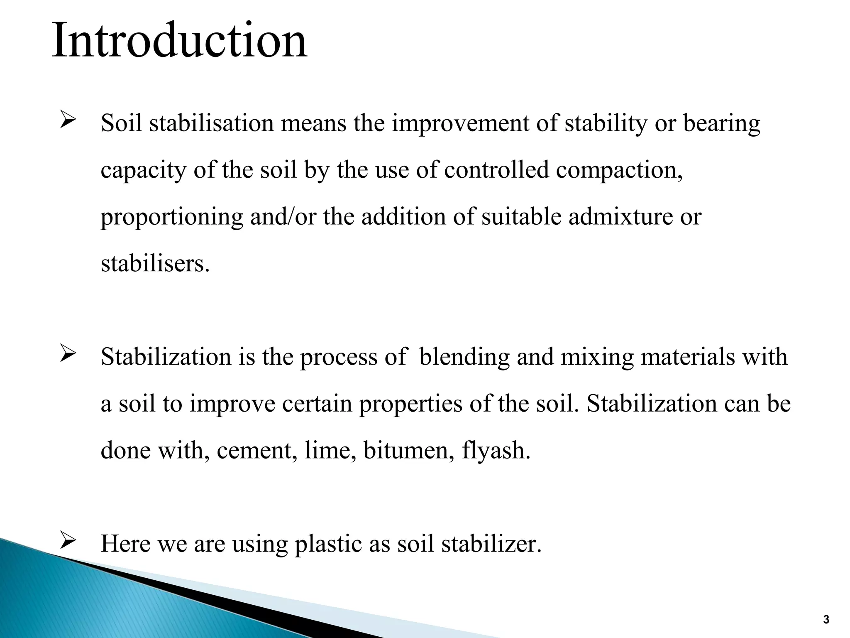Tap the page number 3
point(826,620)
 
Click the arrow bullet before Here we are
point(67,541)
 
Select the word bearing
point(721,124)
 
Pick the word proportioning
point(172,217)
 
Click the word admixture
point(620,217)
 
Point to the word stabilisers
point(154,264)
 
